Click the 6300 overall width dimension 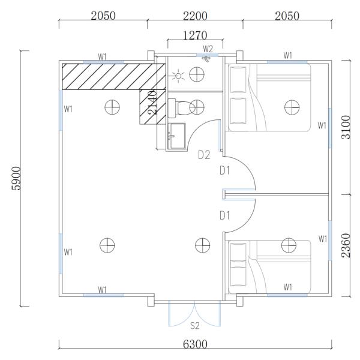pos(195,344)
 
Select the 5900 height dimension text pos(17,178)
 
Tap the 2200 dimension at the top pos(195,16)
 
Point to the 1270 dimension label pos(195,35)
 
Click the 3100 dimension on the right pos(346,127)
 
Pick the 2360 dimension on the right pos(346,245)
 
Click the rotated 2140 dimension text pos(152,103)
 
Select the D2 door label pos(204,155)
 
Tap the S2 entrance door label pos(195,326)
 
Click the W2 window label pos(208,49)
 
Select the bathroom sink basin pos(176,136)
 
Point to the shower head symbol pos(206,59)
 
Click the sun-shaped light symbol pos(178,76)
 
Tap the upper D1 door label pos(224,171)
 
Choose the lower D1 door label pos(224,215)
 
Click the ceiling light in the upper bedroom pos(292,107)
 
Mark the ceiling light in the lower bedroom pos(289,245)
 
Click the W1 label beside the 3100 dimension pos(322,125)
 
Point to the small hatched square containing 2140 pos(152,107)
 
